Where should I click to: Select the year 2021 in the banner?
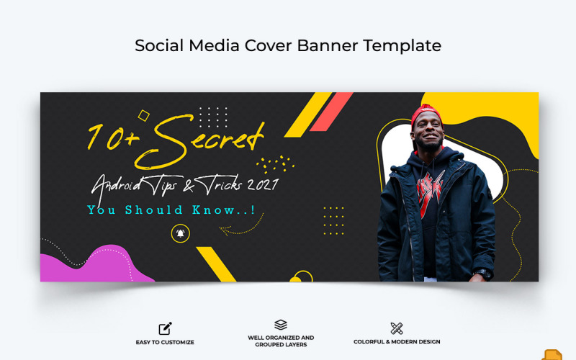click(x=261, y=184)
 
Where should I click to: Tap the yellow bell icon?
click(x=179, y=233)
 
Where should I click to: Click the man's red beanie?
click(x=425, y=114)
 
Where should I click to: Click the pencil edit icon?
click(x=165, y=328)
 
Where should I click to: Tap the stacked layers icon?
click(x=281, y=325)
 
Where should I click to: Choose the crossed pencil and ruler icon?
click(x=397, y=328)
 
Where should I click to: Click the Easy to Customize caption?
click(x=165, y=342)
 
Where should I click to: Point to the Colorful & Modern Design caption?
click(x=397, y=342)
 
